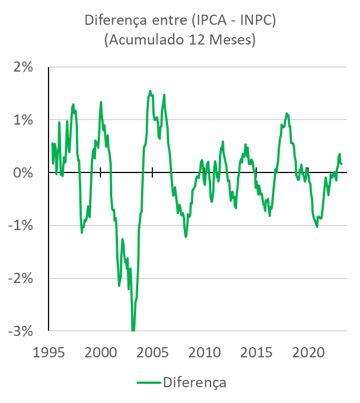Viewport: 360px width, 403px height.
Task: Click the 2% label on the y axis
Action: click(23, 67)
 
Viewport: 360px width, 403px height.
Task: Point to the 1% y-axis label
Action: click(23, 120)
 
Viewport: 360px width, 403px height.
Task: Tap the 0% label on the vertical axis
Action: click(23, 172)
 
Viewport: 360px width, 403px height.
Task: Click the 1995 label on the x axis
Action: click(49, 353)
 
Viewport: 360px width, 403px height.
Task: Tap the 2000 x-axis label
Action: click(100, 353)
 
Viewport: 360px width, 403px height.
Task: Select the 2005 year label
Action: click(152, 353)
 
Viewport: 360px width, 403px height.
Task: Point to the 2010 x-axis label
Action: click(204, 353)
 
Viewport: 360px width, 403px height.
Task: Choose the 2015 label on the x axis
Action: click(256, 353)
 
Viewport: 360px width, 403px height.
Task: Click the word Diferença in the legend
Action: click(195, 383)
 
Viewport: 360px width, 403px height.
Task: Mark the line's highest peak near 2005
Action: click(150, 91)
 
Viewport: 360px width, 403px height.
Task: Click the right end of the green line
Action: click(341, 164)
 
